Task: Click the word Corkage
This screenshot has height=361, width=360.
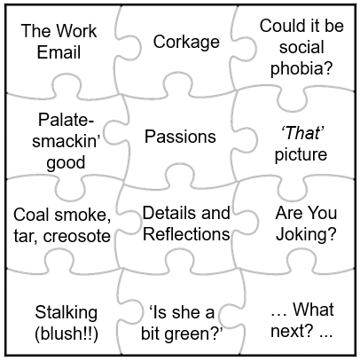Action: point(186,42)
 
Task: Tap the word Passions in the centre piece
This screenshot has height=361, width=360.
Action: point(180,137)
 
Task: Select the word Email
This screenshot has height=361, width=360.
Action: point(59,52)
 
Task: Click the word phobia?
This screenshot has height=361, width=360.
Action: point(301,69)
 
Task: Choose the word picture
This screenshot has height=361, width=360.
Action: point(301,155)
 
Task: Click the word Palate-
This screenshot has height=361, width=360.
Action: point(66,120)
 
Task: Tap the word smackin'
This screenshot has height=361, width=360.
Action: point(67,141)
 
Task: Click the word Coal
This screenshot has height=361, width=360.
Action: point(31,215)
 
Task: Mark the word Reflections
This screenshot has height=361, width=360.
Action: point(186,234)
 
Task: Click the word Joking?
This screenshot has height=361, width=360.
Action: point(306,235)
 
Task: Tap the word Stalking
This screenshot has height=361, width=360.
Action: point(66,313)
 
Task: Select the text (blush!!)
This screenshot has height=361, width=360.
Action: point(67,334)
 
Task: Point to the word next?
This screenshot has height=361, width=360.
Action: point(292,331)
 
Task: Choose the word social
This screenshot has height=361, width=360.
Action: point(301,47)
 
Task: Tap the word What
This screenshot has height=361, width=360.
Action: point(313,310)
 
